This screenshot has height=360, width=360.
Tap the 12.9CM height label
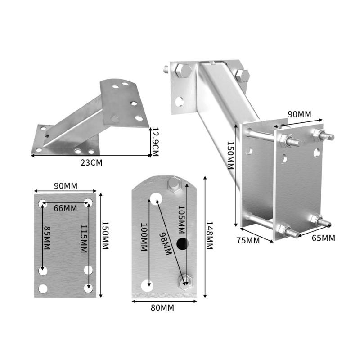155,141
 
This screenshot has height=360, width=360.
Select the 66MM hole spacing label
65,208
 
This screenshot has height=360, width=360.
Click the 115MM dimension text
84,238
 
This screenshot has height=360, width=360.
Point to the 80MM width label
162,308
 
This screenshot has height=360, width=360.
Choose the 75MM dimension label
248,240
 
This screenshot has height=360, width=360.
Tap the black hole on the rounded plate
182,244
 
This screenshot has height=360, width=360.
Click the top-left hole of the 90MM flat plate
43,202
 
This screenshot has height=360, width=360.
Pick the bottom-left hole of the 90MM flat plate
43,288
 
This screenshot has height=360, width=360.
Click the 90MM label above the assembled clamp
300,114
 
